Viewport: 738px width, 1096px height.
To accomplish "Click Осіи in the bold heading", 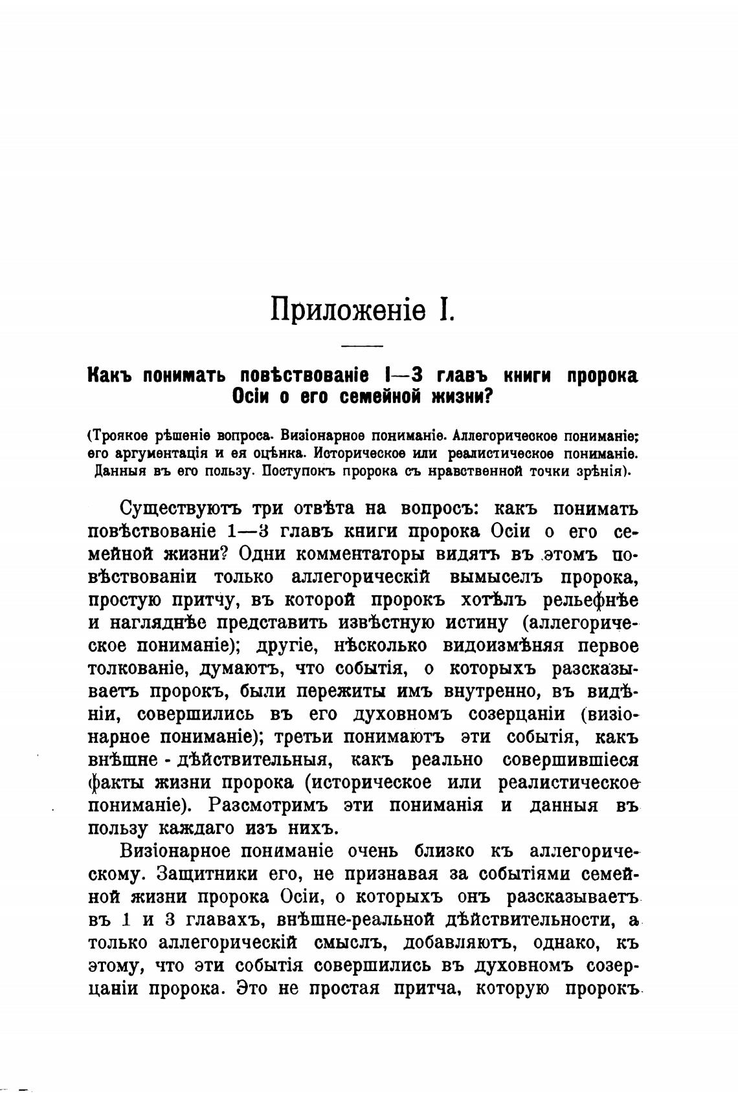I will pyautogui.click(x=253, y=397).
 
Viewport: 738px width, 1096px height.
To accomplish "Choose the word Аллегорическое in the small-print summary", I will pyautogui.click(x=499, y=435).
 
